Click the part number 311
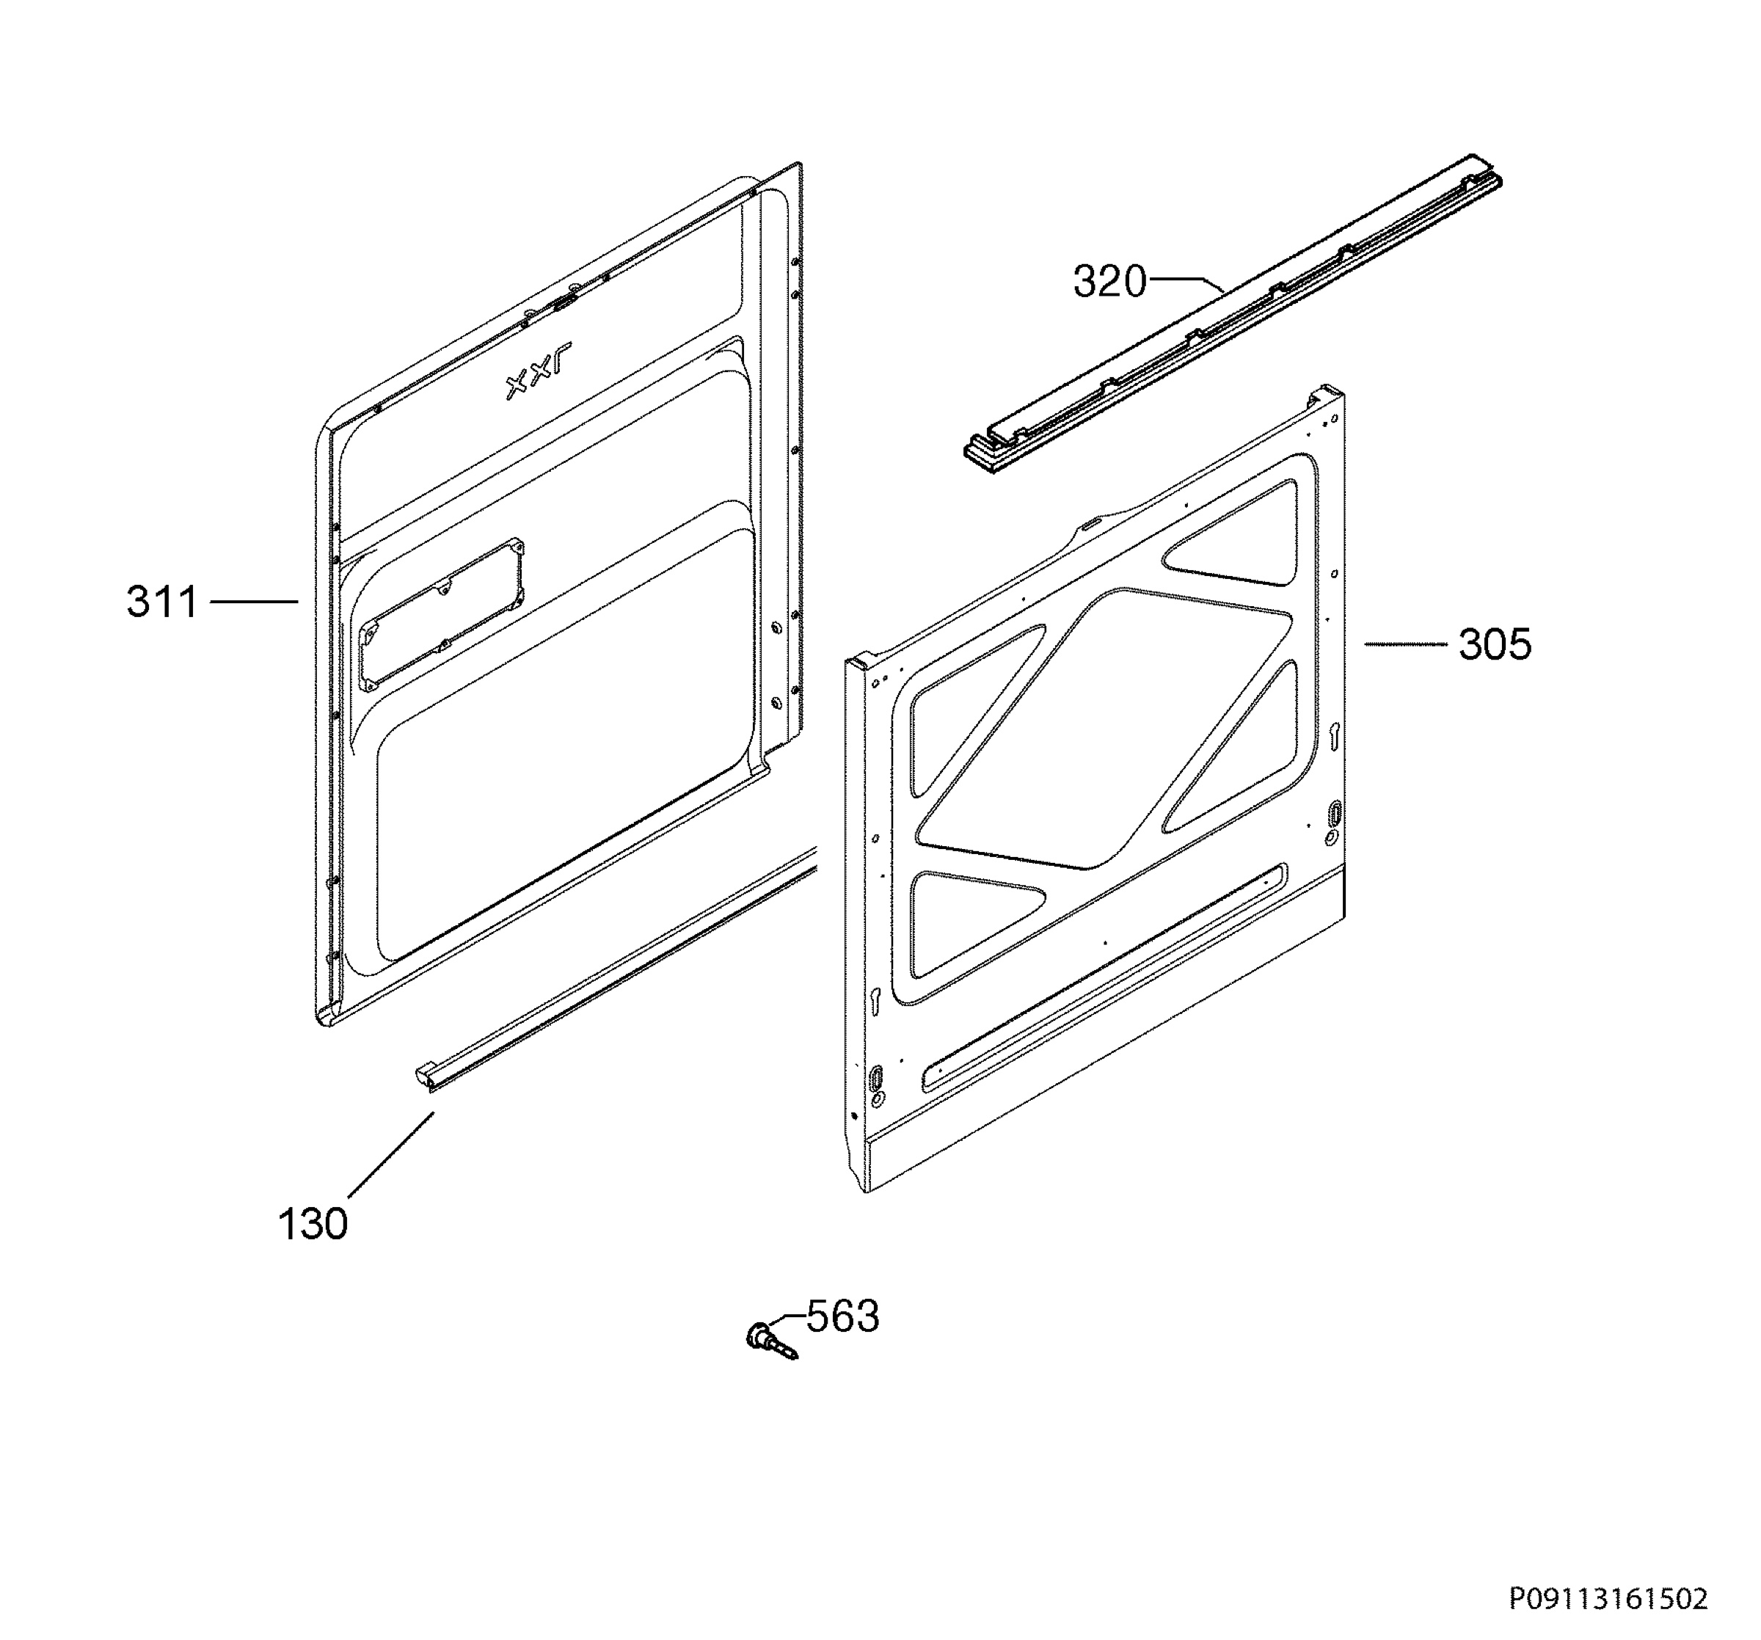coord(162,602)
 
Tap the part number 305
coord(1495,645)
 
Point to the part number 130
coord(313,1225)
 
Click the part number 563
coord(842,1316)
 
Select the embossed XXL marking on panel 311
coord(539,371)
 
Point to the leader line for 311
coord(253,602)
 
